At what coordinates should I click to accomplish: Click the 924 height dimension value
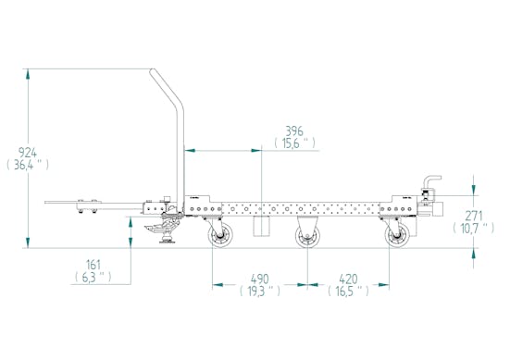pyautogui.click(x=28, y=152)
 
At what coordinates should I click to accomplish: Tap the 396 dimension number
pyautogui.click(x=294, y=131)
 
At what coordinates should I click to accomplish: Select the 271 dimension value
pyautogui.click(x=474, y=216)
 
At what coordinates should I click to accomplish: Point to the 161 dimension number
pyautogui.click(x=93, y=265)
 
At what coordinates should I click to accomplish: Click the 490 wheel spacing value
pyautogui.click(x=260, y=279)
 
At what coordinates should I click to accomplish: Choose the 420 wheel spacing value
pyautogui.click(x=348, y=279)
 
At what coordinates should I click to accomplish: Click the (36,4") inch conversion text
pyautogui.click(x=28, y=165)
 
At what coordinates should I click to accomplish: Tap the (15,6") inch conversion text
pyautogui.click(x=294, y=143)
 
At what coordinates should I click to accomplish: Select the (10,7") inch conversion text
pyautogui.click(x=474, y=228)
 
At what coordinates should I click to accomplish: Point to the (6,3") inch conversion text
pyautogui.click(x=93, y=277)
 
